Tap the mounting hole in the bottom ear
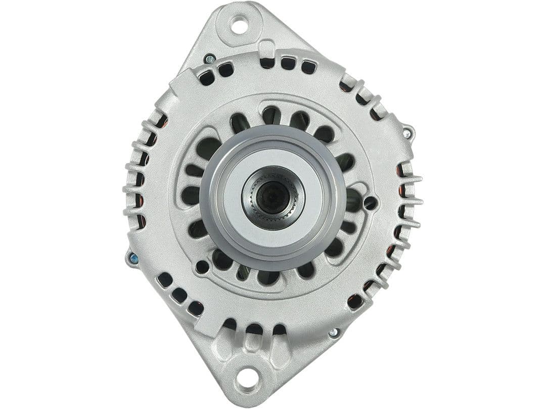pos(247,378)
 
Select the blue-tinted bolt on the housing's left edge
pos(133,259)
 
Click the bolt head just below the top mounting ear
pos(209,59)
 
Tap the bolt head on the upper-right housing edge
pos(406,134)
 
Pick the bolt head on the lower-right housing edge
pos(333,333)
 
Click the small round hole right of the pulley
pos(370,203)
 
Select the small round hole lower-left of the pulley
pos(202,267)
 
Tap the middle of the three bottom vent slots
pos(254,329)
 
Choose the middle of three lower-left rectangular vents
pos(179,295)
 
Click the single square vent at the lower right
pos(355,301)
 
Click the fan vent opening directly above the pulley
pos(271,115)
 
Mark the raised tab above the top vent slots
pos(267,48)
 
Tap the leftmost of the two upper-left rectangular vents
pos(206,78)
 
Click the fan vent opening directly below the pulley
pos(267,277)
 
